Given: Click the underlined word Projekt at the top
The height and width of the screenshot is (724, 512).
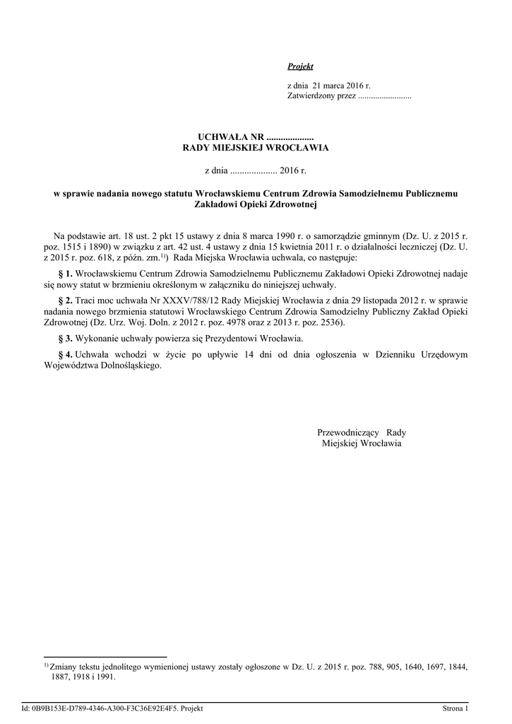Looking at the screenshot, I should click(300, 66).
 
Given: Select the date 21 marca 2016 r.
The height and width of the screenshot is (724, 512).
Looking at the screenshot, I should click(336, 85).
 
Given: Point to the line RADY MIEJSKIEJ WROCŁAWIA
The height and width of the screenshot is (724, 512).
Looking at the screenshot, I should click(256, 148).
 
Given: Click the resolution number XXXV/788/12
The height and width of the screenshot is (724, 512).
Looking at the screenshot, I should click(174, 300).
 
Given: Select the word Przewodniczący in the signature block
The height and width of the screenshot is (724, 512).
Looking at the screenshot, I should click(349, 433).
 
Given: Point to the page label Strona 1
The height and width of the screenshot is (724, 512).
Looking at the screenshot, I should click(456, 708).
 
